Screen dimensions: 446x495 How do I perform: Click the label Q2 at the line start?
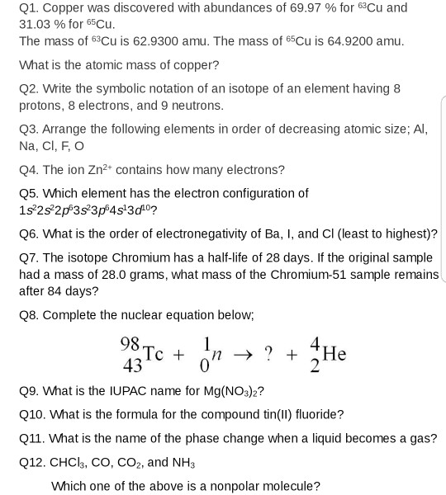pyautogui.click(x=29, y=88)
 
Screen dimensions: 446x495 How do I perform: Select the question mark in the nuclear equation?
pyautogui.click(x=268, y=354)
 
